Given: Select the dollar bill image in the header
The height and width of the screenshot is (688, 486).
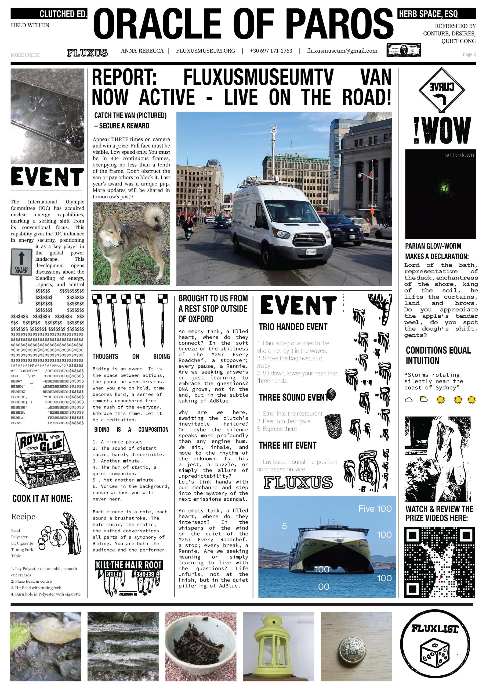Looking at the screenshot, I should coord(404,50).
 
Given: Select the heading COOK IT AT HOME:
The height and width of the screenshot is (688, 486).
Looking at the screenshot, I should coord(42,499).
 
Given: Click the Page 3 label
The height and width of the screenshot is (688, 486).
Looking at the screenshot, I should coord(469,54).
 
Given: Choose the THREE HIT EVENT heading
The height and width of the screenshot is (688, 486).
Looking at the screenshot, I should coord(288,446).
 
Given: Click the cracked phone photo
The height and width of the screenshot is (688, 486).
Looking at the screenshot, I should coord(47,116).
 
